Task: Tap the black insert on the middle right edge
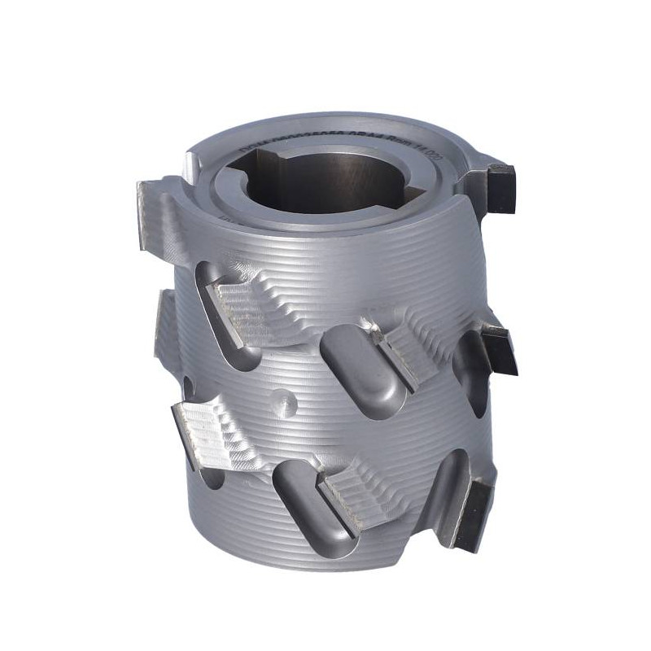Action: (x=497, y=347)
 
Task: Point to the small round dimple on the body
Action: (x=285, y=400)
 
